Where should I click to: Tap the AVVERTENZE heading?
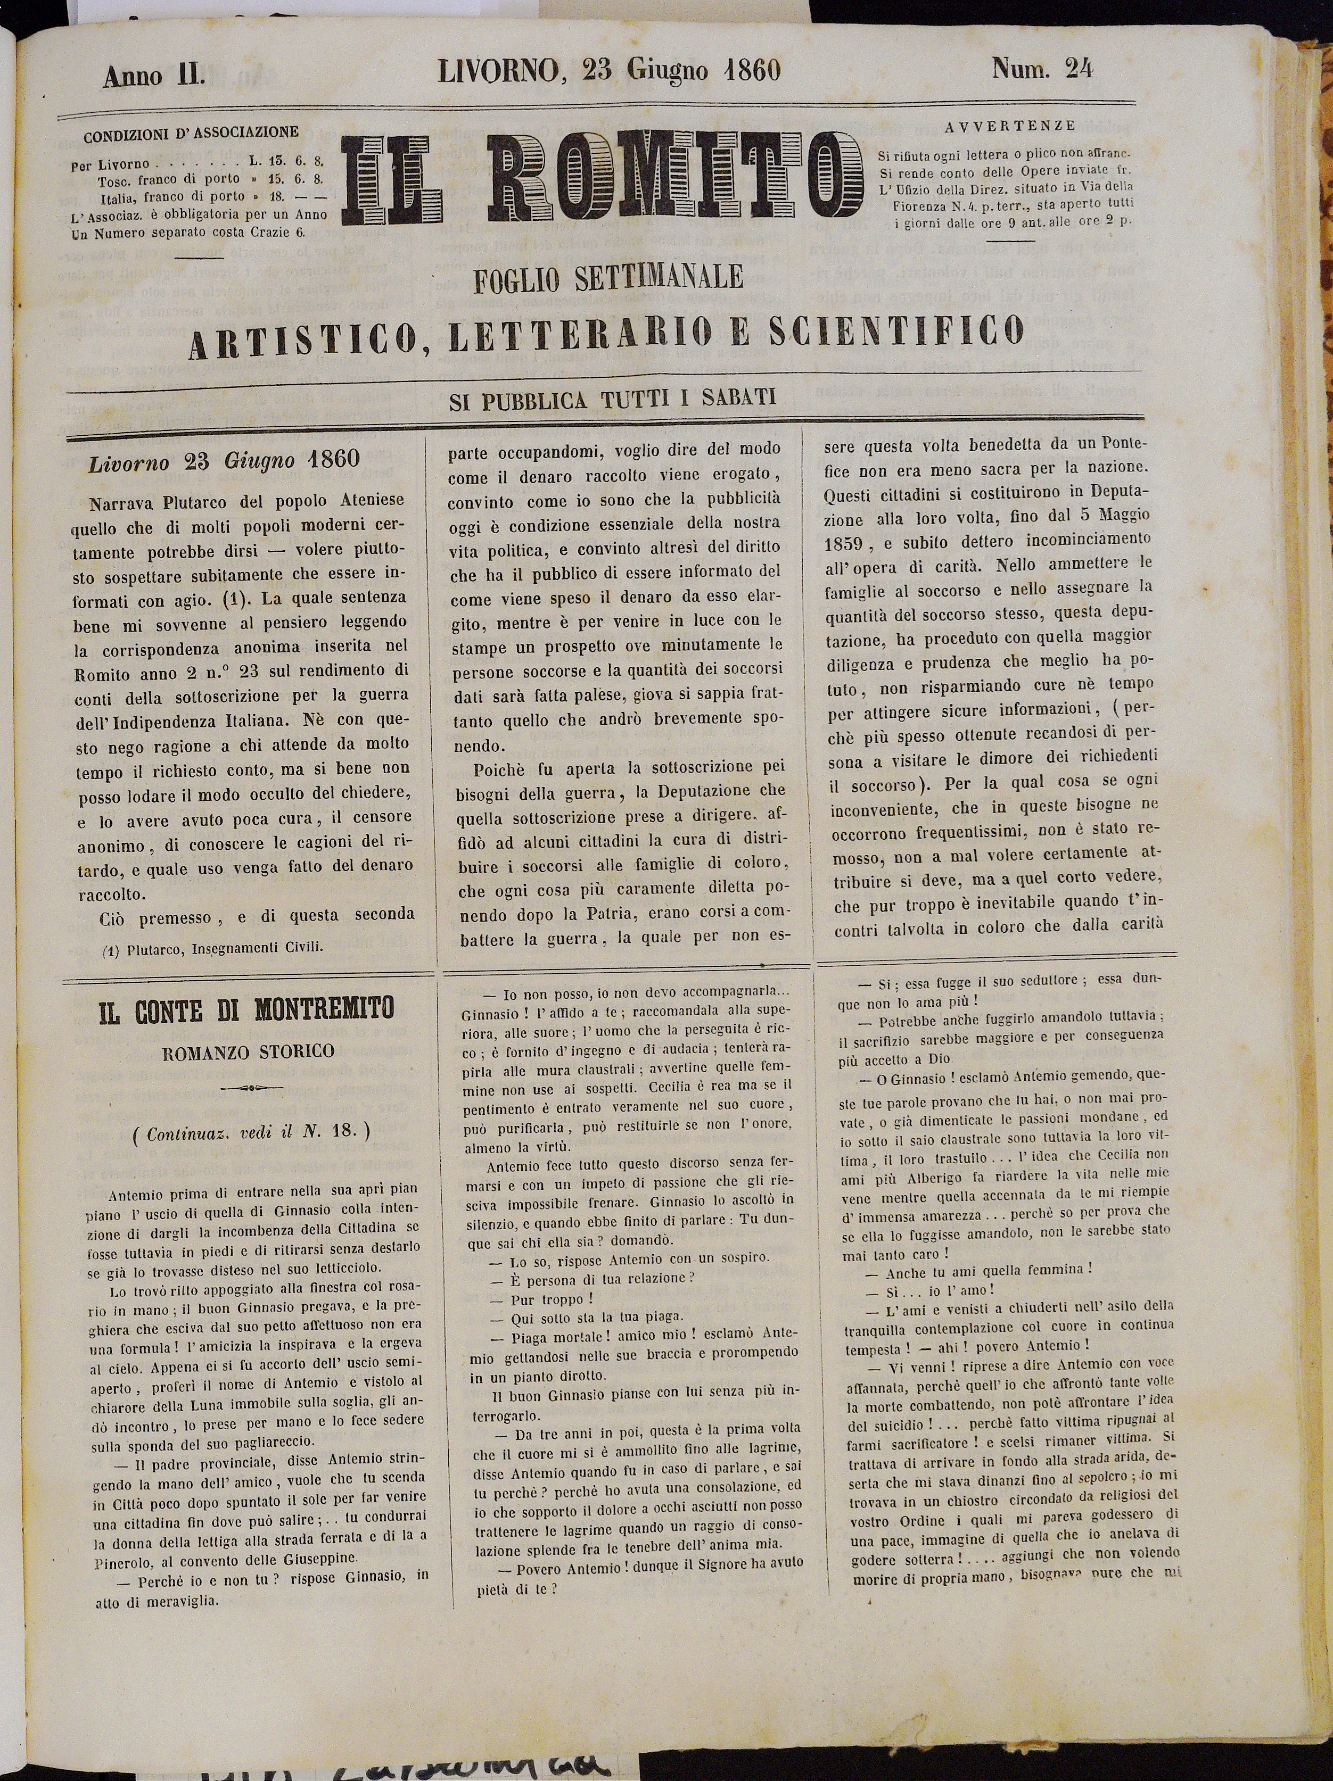[1011, 126]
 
